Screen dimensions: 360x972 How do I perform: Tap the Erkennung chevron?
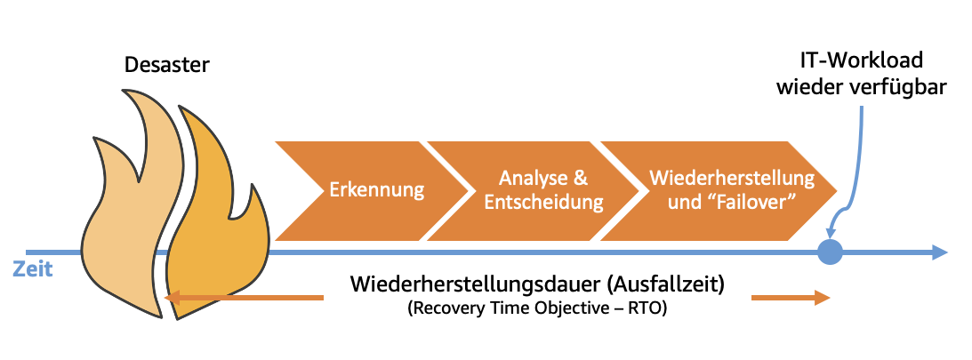[376, 189]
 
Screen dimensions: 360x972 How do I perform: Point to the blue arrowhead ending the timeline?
[938, 253]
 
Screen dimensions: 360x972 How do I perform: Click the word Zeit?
[32, 268]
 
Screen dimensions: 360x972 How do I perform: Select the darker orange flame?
[213, 222]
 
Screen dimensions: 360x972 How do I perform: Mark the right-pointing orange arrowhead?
[823, 298]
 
